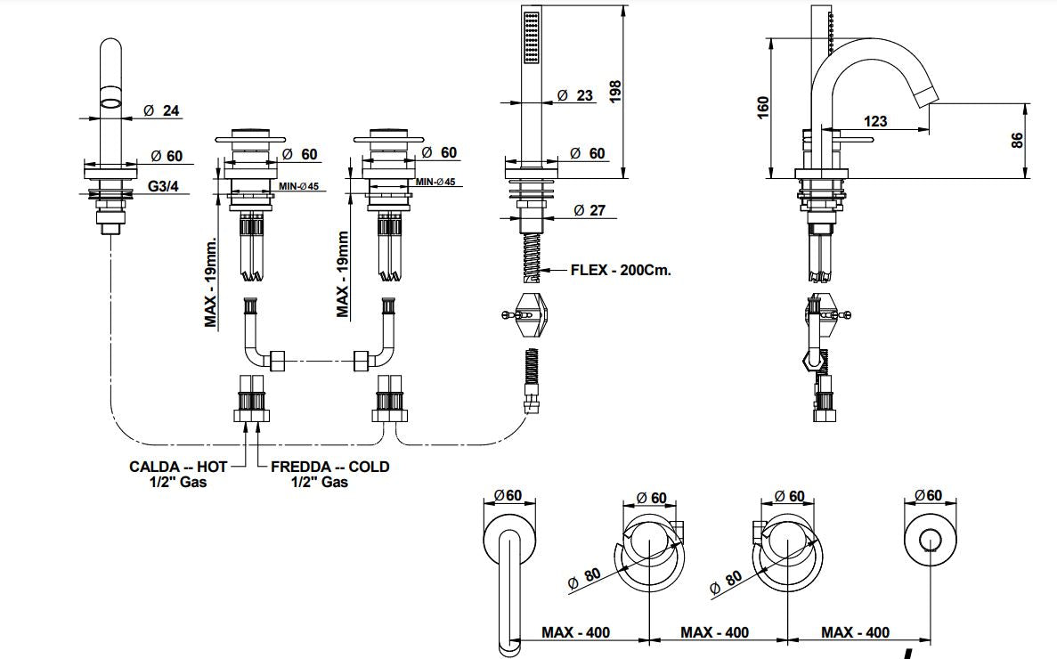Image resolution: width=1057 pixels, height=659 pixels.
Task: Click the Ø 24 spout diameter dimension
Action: point(162,110)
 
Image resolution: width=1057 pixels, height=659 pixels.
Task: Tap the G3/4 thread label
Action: point(163,186)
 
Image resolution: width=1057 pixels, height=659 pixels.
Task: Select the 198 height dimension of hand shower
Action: point(615,92)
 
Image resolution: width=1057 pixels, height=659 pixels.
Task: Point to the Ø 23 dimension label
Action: point(575,95)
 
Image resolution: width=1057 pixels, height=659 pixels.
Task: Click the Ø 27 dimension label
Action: point(589,210)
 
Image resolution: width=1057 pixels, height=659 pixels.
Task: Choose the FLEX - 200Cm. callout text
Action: point(621,270)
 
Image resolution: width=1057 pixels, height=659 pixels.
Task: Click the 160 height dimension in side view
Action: point(763,108)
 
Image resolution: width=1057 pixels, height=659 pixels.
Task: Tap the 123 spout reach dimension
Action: point(875,121)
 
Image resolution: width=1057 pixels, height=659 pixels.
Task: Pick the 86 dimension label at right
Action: point(1017,140)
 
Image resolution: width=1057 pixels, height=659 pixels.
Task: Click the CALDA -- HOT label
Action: point(178,467)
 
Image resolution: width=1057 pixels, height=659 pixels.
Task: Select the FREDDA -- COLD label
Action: point(330,467)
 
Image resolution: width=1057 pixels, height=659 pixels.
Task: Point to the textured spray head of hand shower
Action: point(532,37)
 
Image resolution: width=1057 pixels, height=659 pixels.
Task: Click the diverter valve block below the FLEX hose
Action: point(529,314)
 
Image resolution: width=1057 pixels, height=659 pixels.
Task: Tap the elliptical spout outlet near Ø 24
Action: point(111,103)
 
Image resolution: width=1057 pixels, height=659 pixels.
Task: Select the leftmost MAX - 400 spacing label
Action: point(575,632)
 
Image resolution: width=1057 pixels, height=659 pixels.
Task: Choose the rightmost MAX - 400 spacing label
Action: point(855,632)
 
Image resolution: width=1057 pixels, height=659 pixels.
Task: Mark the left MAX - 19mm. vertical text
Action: point(211,282)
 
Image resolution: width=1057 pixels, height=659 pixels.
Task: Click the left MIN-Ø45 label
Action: point(298,186)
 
